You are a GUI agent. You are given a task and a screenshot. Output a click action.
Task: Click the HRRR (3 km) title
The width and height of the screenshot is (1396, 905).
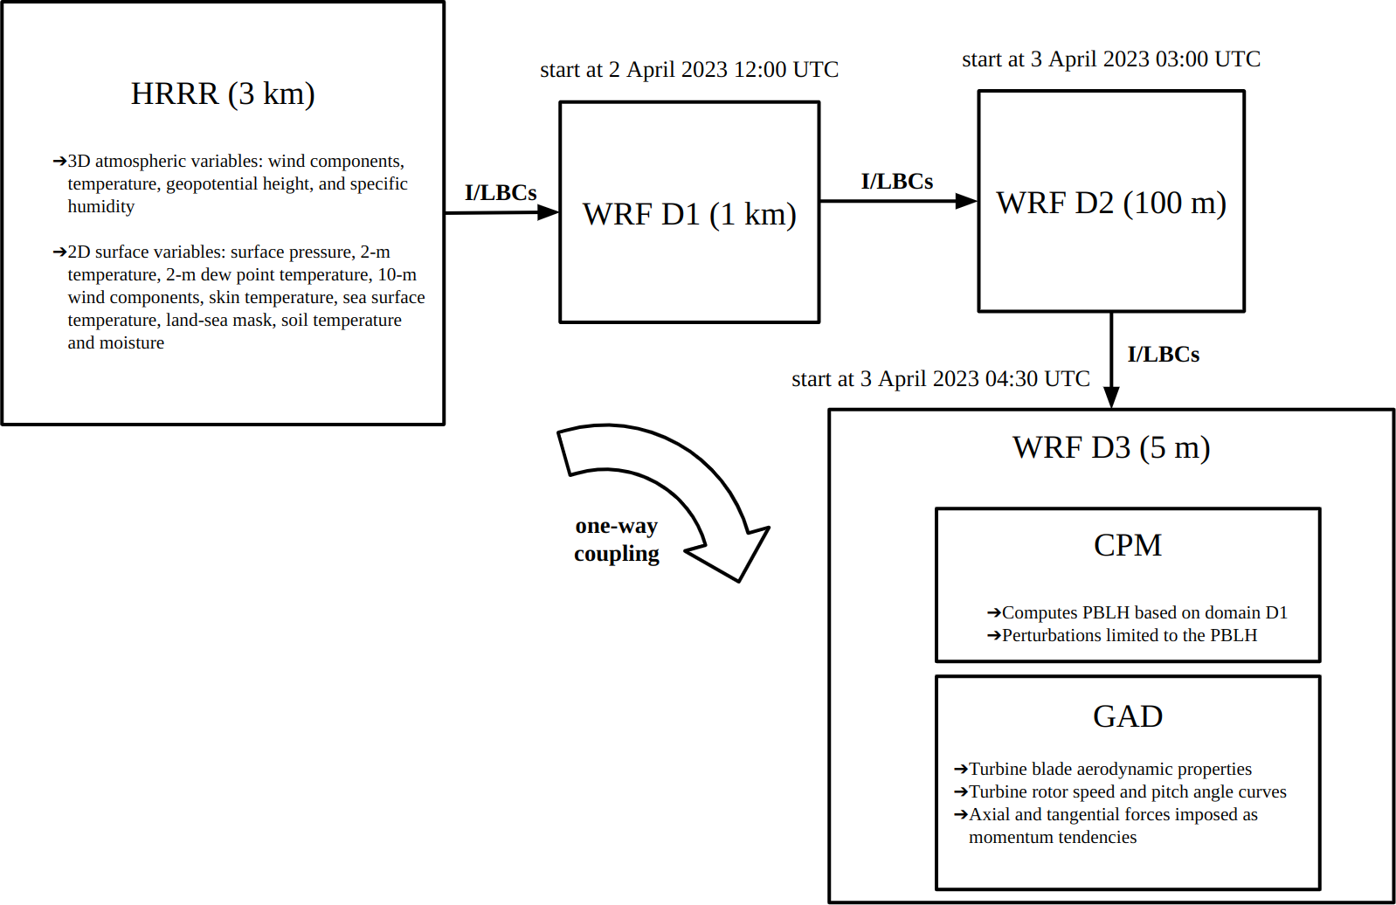[223, 93]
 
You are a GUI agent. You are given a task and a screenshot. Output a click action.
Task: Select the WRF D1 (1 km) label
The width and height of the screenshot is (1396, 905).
[689, 214]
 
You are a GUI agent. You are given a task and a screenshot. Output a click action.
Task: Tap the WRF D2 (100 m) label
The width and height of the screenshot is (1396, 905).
[1111, 203]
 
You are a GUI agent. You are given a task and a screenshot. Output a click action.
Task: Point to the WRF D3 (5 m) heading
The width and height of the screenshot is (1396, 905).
[1111, 447]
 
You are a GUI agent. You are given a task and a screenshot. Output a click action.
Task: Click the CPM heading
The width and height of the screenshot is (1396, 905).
[1128, 545]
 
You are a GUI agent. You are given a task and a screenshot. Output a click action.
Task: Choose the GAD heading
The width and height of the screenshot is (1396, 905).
[1128, 716]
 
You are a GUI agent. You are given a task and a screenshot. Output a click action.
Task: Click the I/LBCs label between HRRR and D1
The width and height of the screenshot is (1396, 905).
[501, 193]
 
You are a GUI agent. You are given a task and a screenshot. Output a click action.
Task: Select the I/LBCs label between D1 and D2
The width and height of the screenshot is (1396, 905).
[897, 182]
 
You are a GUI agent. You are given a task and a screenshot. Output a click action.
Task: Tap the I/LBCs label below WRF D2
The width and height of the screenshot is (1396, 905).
[1164, 355]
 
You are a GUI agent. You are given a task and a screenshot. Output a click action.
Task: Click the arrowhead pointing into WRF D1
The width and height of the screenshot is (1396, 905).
[548, 212]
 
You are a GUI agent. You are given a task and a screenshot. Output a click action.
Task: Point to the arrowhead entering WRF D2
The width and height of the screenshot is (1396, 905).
[966, 201]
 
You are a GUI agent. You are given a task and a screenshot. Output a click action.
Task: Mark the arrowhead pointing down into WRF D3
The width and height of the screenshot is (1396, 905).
[1111, 397]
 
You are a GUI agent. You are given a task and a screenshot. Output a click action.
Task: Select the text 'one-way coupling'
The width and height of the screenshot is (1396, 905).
[617, 540]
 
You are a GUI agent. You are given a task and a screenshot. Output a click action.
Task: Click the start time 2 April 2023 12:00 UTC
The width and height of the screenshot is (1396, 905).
[689, 70]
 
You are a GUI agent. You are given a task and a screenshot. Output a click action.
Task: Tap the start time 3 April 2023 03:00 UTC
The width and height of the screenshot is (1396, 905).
[1111, 59]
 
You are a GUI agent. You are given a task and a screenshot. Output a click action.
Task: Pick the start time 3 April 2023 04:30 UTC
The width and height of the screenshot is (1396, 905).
[941, 379]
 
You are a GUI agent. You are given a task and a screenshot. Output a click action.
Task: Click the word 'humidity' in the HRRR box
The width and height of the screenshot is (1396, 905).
[101, 207]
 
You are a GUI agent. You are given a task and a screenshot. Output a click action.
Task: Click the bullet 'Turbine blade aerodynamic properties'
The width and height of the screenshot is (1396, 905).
[1110, 770]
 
